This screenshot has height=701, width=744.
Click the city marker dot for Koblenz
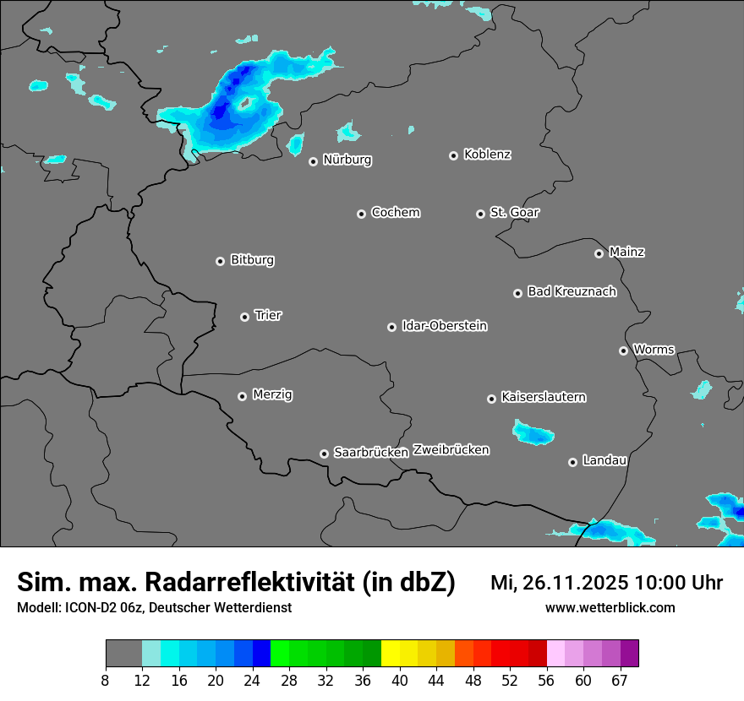pos(454,155)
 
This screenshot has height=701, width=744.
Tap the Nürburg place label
pos(347,160)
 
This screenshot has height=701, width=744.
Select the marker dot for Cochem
pos(361,214)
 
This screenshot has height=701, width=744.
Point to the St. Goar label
pos(514,212)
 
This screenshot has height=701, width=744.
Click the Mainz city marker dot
pos(599,253)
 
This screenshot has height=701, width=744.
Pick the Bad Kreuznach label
pos(572,291)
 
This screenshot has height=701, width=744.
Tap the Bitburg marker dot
pos(220,261)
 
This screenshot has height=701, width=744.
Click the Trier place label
pos(268,315)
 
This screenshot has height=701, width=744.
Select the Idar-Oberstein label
pos(444,325)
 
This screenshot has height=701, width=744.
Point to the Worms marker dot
pos(623,350)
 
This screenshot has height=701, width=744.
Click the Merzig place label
pos(272,394)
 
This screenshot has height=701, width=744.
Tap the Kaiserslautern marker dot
pos(491,399)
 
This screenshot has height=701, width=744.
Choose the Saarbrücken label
pos(371,452)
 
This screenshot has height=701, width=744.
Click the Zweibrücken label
pos(451,449)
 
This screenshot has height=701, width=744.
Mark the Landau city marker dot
pos(572,462)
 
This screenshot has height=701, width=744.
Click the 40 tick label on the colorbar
pos(400,681)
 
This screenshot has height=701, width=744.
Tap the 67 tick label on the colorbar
pos(620,681)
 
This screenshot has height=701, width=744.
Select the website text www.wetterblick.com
pos(610,607)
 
